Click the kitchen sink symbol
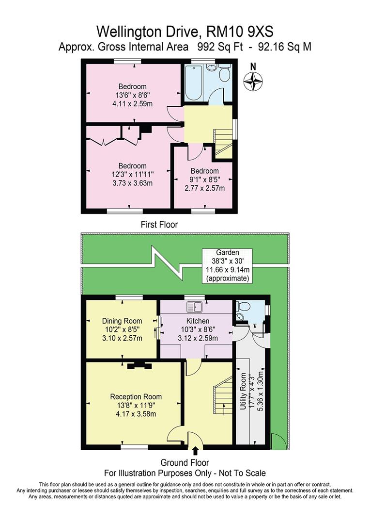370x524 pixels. pos(195,307)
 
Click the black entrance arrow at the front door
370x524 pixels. pos(195,451)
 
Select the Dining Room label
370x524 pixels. pos(122,321)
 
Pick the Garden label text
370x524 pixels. pos(227,253)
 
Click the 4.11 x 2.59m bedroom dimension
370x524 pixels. pos(131,103)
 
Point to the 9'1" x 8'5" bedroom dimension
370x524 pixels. pos(205,180)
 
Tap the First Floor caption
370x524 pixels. pos(159,225)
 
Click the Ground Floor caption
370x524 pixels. pos(185,463)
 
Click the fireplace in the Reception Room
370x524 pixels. pos(139,366)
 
